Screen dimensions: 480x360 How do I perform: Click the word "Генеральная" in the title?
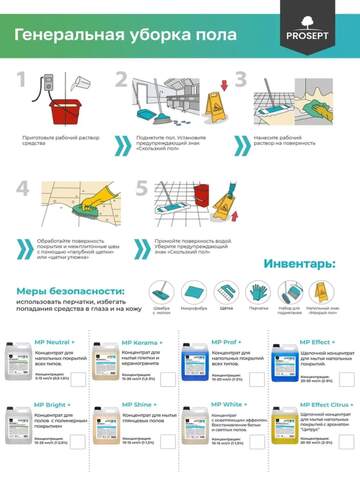[x=67, y=36]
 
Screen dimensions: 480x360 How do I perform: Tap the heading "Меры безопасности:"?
[x=69, y=290]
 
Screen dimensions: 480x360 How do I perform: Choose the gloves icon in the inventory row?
[x=259, y=292]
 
